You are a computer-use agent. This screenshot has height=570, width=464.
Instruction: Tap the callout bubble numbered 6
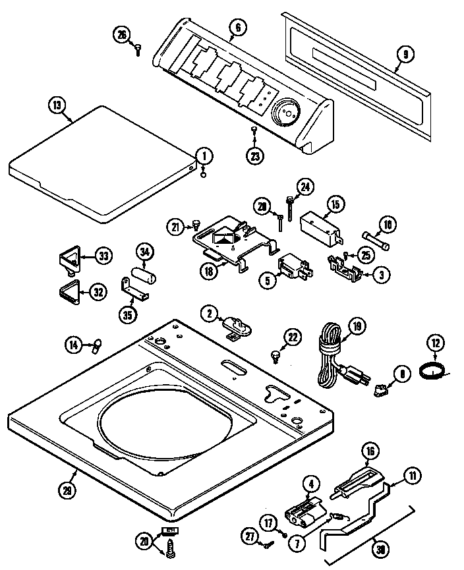237,27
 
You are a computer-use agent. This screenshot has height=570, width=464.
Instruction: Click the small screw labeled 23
254,132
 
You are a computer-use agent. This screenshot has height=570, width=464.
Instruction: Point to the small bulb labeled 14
98,343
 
